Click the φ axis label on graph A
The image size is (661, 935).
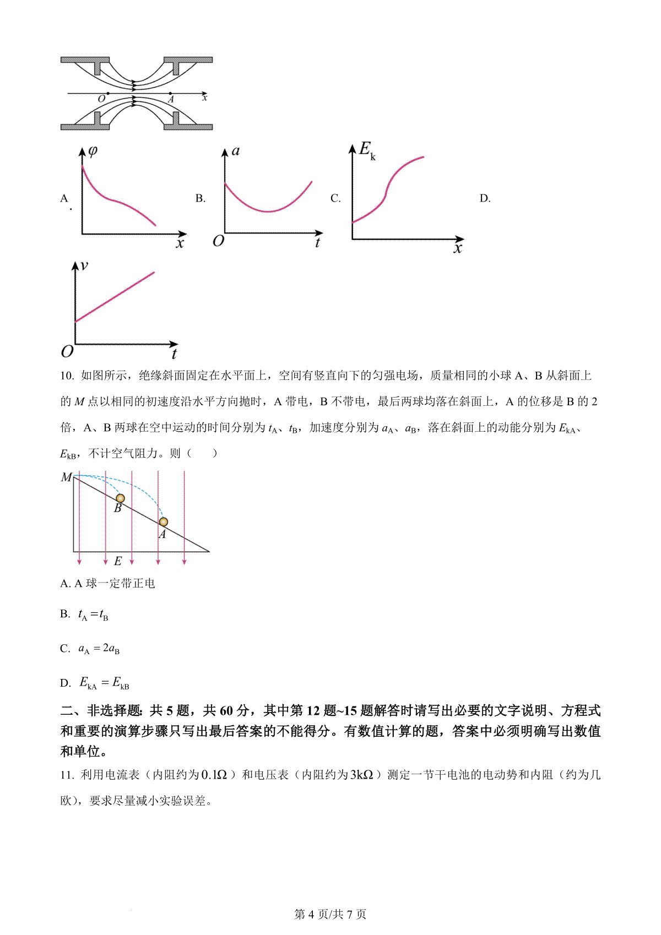pyautogui.click(x=93, y=150)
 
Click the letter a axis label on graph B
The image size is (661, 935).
pyautogui.click(x=236, y=151)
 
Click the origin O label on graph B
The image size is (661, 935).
pyautogui.click(x=218, y=241)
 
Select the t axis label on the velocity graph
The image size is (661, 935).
pyautogui.click(x=174, y=354)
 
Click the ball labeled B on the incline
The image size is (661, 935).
pyautogui.click(x=120, y=498)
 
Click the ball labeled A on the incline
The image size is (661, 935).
pyautogui.click(x=163, y=521)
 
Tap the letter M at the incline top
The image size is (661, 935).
pyautogui.click(x=66, y=477)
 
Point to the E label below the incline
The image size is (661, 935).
pyautogui.click(x=117, y=561)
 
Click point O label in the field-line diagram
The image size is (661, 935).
pyautogui.click(x=101, y=99)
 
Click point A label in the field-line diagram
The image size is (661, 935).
pyautogui.click(x=171, y=100)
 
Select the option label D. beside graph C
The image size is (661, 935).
pyautogui.click(x=485, y=198)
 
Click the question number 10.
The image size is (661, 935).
pyautogui.click(x=67, y=376)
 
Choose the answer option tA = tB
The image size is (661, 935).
pyautogui.click(x=93, y=615)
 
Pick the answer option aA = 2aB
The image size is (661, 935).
pyautogui.click(x=99, y=649)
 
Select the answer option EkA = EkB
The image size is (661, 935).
pyautogui.click(x=104, y=683)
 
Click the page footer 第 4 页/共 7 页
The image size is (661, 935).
pyautogui.click(x=330, y=914)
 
